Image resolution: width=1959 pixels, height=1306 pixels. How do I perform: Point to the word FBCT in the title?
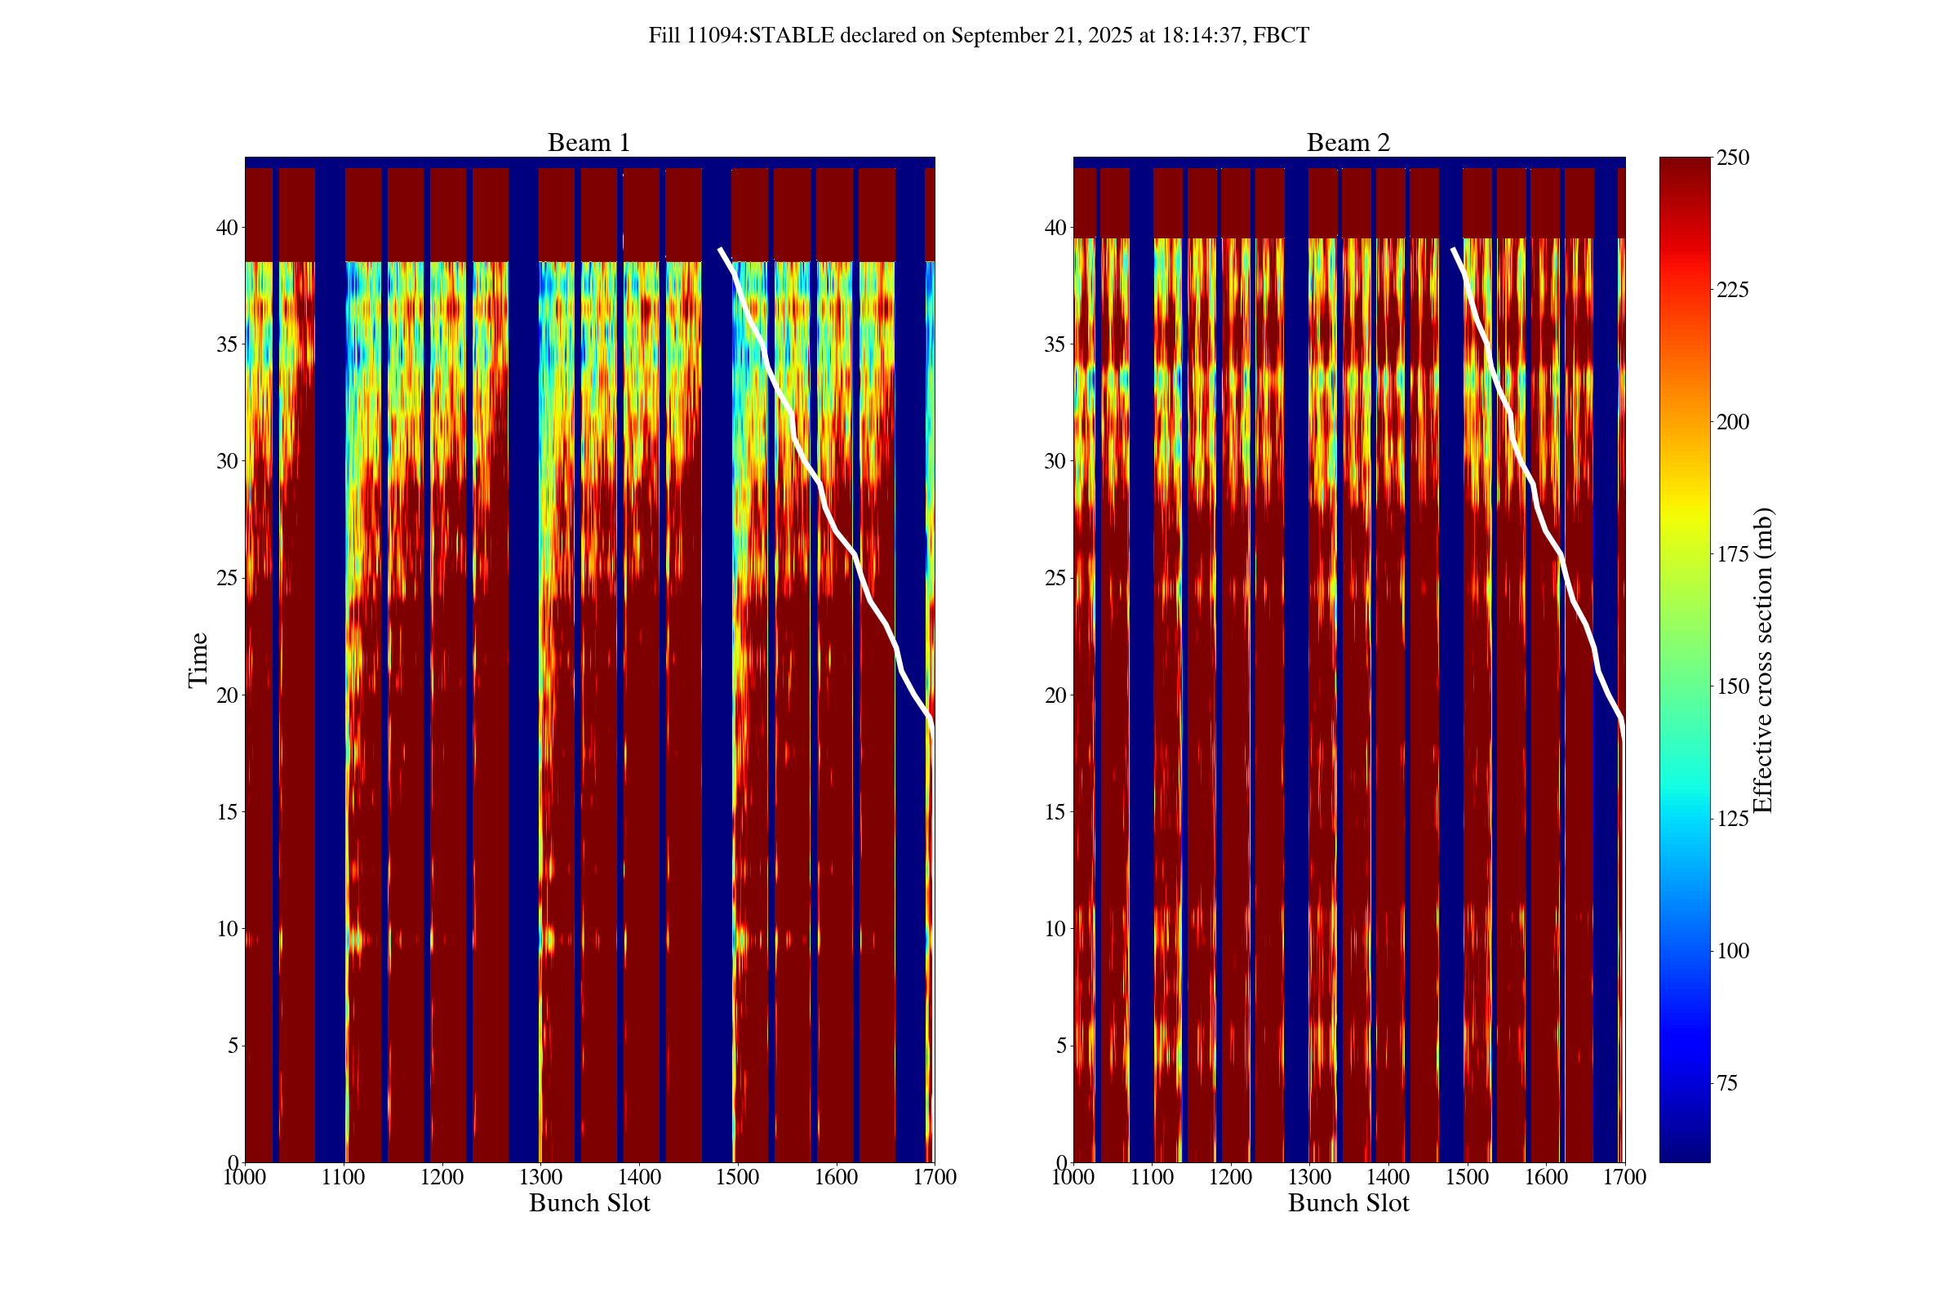1280,36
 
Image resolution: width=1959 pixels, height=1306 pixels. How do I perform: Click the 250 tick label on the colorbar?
1732,158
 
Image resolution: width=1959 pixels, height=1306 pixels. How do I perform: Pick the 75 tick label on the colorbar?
1727,1083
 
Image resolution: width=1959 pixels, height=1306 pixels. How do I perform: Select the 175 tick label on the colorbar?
1732,554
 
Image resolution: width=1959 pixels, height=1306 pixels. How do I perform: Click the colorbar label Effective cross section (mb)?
1762,660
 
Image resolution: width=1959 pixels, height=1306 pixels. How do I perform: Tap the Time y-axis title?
198,660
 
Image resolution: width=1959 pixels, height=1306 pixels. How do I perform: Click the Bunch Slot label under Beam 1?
589,1202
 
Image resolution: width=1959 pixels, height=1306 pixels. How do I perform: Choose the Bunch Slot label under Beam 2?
1348,1202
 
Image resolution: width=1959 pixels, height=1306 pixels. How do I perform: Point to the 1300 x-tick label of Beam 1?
540,1177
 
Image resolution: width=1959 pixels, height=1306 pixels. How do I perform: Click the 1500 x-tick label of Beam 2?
1467,1177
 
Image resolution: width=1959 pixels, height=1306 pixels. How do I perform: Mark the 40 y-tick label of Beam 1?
227,228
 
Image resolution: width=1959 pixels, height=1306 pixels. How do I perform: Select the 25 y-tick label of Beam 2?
1055,578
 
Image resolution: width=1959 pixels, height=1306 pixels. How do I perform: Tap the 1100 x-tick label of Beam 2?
1152,1177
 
